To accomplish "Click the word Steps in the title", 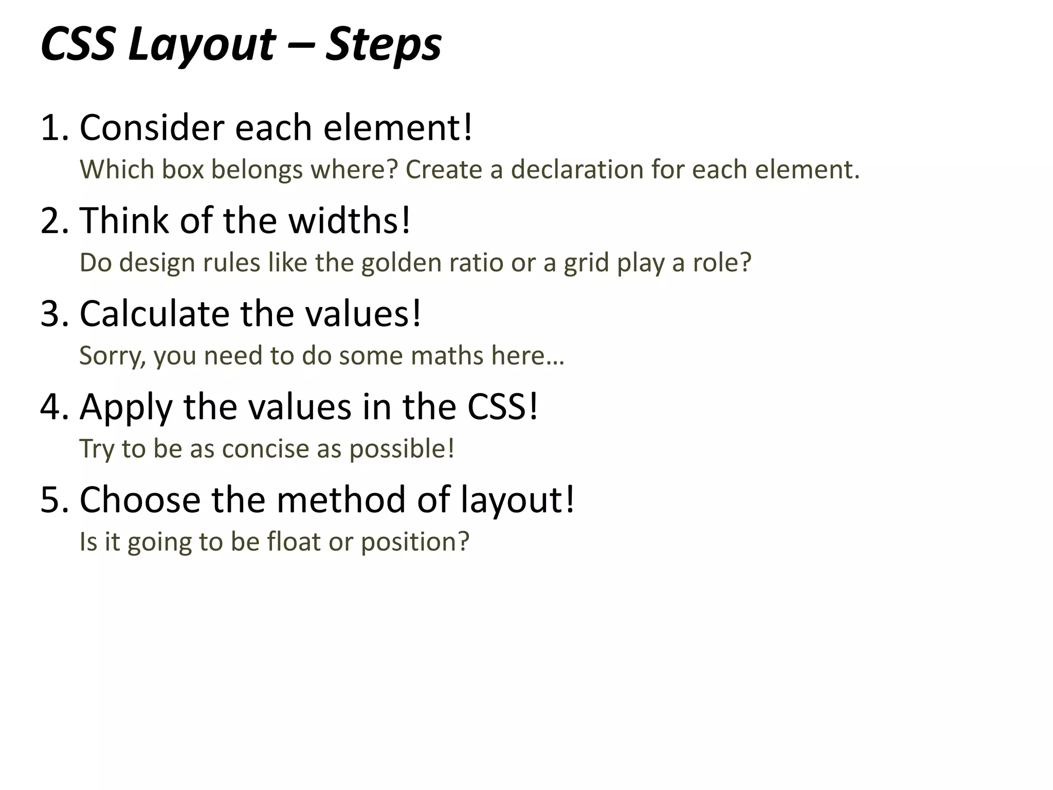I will coord(384,44).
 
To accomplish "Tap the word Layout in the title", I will coord(202,44).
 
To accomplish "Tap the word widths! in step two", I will coord(350,221).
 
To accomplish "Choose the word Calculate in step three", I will coord(154,314).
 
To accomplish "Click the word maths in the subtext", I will coord(447,356).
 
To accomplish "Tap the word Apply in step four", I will coord(125,407).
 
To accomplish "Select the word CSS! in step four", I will coord(502,407).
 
